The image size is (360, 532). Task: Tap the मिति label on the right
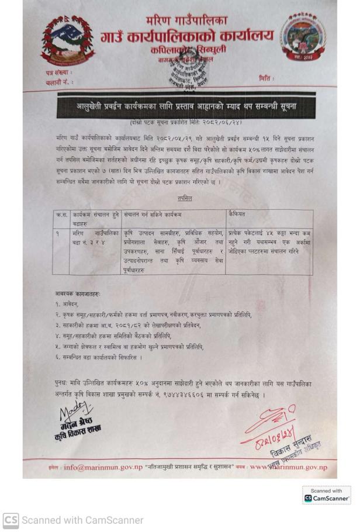coord(266,78)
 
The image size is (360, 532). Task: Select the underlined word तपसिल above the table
coord(185,198)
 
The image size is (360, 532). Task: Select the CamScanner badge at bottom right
coord(326,495)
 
